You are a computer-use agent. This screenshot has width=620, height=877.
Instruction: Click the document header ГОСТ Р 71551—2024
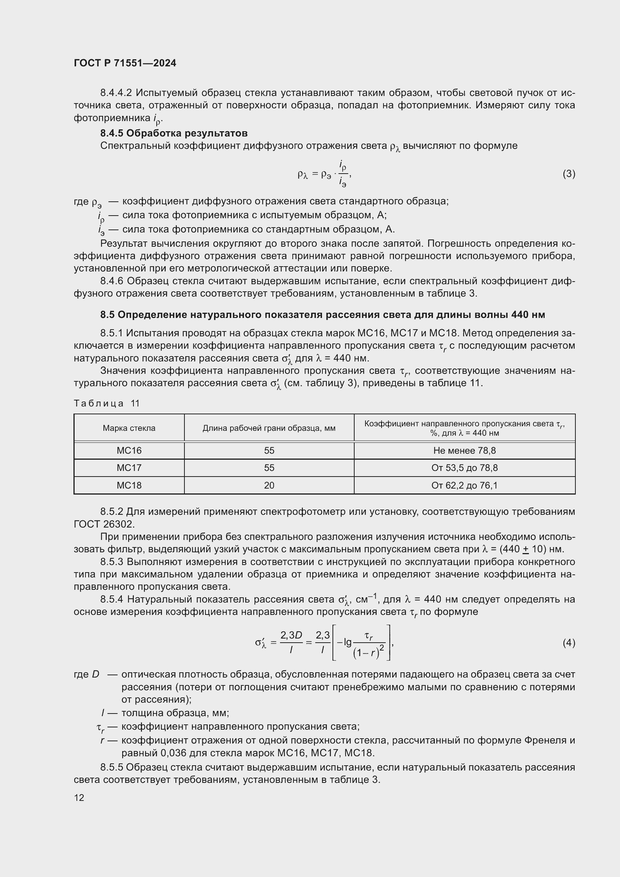coord(125,63)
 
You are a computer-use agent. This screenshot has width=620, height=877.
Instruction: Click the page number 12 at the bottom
coord(79,798)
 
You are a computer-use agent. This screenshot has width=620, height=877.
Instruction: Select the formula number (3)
coord(569,174)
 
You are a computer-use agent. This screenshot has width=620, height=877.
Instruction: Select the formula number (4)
coord(569,643)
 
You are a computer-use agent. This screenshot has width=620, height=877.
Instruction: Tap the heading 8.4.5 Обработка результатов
coord(174,133)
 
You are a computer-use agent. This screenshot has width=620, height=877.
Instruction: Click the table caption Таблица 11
coord(107,403)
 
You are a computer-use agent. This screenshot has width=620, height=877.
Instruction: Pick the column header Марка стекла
coord(129,428)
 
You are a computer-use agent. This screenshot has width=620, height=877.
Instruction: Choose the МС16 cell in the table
coord(129,450)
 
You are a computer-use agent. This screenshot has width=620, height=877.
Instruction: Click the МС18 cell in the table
coord(129,485)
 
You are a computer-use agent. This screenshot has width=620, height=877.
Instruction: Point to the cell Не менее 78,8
coord(464,450)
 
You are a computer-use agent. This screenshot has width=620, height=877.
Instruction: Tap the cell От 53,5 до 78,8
coord(464,468)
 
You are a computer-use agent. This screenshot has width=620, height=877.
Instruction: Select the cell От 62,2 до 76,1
coord(464,485)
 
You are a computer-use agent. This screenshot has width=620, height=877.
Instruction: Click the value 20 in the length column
coord(269,485)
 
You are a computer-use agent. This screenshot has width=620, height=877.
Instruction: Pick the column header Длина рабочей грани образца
coord(269,428)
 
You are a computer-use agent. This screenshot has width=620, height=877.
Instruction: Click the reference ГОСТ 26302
coord(103,524)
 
